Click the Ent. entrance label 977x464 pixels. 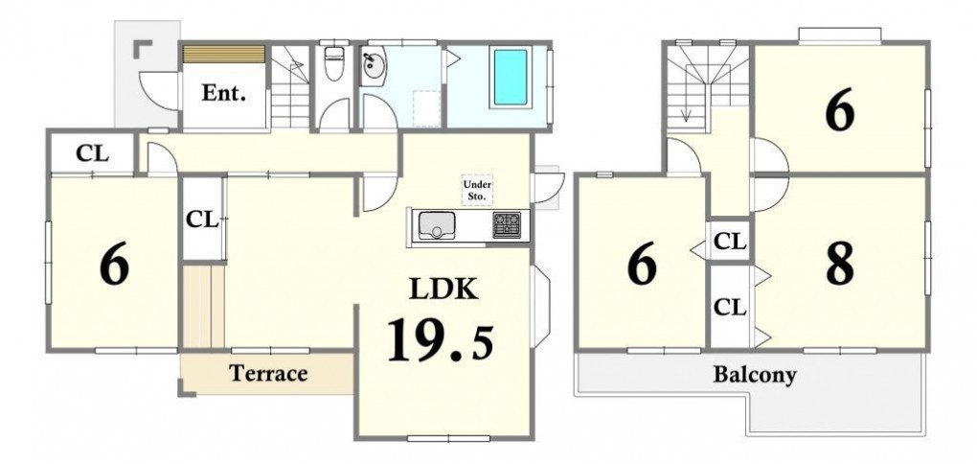(224, 93)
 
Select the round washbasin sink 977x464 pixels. (374, 65)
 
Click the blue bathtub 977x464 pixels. (511, 78)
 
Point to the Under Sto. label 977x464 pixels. (477, 190)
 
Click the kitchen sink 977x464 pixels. (437, 225)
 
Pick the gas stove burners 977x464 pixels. (508, 225)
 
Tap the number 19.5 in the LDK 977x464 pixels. (441, 339)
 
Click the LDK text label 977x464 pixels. (443, 289)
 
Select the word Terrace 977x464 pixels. (268, 373)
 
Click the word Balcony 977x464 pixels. (755, 375)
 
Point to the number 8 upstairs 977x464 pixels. (839, 265)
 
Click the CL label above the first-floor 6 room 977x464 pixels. (92, 153)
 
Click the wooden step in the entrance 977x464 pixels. (224, 54)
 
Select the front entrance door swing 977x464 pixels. (158, 91)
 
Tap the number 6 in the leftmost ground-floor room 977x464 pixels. (115, 266)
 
